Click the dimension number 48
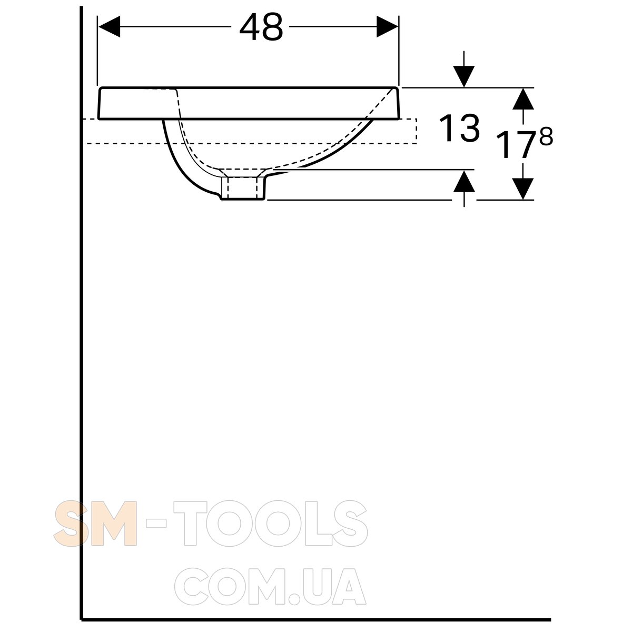261,27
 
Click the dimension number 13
459,128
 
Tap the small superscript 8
546,136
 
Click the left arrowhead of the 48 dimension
109,26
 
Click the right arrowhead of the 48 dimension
387,26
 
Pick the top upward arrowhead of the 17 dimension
523,98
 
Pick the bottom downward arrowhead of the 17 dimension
523,189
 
